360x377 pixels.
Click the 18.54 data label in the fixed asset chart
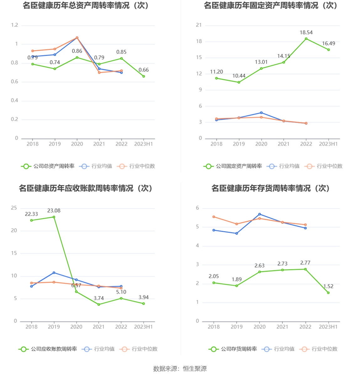tap(306, 33)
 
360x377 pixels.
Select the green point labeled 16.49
tap(329, 50)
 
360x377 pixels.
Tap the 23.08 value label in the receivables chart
tap(54, 211)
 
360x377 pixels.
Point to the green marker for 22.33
tap(31, 220)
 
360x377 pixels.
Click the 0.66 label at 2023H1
tap(144, 70)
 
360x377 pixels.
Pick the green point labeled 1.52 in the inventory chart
tap(328, 293)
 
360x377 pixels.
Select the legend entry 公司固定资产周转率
tap(239, 166)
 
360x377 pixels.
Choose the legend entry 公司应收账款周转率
tap(54, 349)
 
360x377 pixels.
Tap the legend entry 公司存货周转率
tap(239, 349)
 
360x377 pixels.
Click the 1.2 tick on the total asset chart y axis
tap(15, 25)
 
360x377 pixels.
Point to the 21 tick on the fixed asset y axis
tap(199, 25)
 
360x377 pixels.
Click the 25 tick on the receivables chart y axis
tap(14, 208)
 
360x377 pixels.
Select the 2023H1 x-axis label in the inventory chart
tap(328, 327)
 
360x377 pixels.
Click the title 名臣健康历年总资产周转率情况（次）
tap(86, 6)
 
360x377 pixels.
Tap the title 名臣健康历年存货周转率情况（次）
tap(270, 188)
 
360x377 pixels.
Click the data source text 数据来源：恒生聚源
tap(180, 369)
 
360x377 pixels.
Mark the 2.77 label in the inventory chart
tap(305, 263)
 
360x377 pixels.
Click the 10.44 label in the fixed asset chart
tap(239, 76)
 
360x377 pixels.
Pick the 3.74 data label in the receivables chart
tap(99, 298)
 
